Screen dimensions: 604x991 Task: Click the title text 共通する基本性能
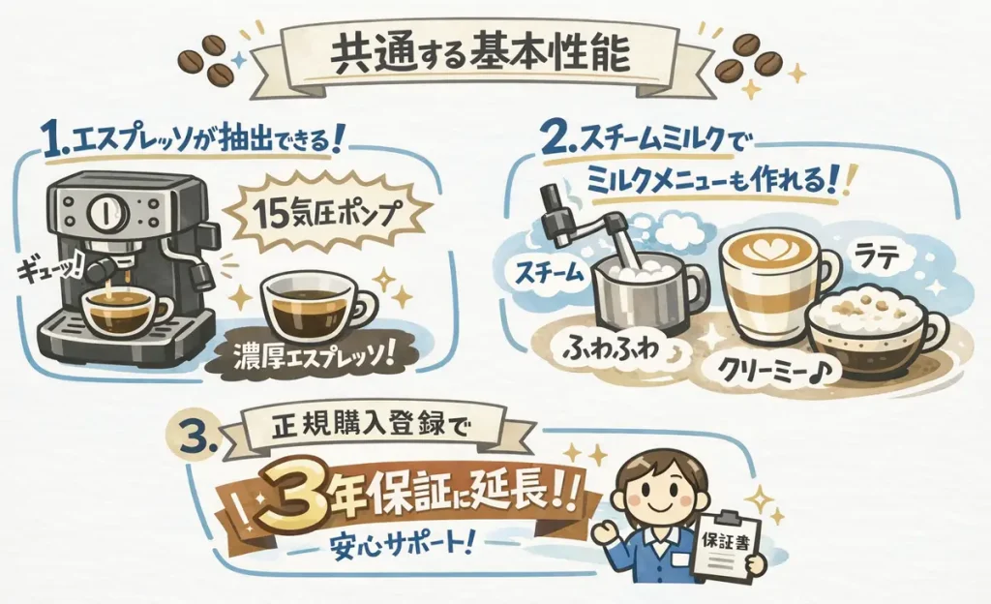click(480, 54)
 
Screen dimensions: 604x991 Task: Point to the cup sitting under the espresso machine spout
click(114, 310)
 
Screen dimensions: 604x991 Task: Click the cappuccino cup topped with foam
click(865, 333)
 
